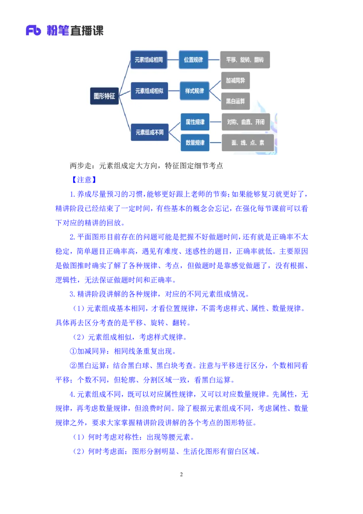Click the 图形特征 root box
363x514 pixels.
104,96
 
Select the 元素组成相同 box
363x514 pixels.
149,59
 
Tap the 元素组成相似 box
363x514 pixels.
149,91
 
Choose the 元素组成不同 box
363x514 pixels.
149,133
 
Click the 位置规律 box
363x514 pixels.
194,59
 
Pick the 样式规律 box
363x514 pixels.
194,91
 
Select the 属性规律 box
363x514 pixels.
195,122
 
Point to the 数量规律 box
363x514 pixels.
195,143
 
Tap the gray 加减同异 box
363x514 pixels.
235,81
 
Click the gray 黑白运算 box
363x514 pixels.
235,101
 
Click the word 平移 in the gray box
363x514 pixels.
231,59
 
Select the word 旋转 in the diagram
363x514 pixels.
245,59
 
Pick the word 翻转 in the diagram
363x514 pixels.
259,59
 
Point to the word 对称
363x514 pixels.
232,122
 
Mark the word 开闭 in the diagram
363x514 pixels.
260,122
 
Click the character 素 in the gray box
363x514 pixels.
262,143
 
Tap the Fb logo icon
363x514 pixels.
33,31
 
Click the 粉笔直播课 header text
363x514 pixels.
75,31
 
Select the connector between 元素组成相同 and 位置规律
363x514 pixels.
173,59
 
